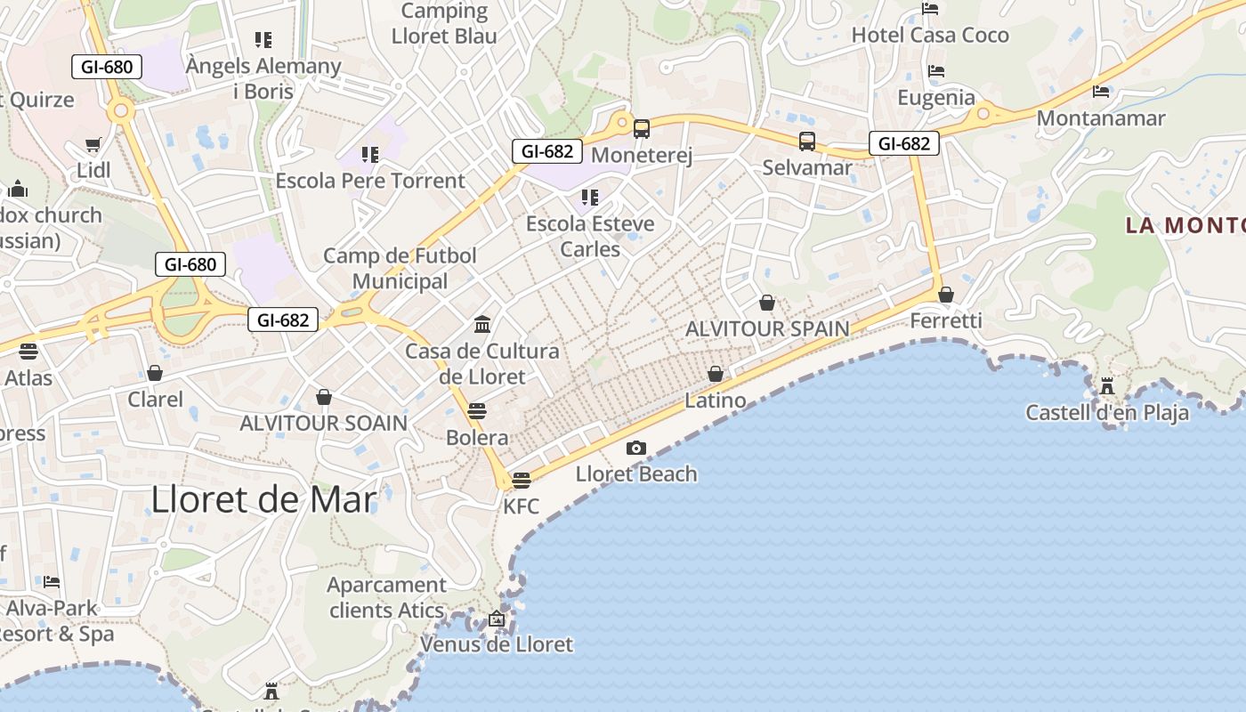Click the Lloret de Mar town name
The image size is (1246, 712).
[x=264, y=499]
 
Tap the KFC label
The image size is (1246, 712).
[x=522, y=506]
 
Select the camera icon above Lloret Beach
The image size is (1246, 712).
[x=636, y=448]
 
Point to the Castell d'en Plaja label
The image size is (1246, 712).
[x=1107, y=412]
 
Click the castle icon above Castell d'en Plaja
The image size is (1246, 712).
[x=1107, y=386]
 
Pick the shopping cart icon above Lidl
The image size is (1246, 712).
[x=93, y=144]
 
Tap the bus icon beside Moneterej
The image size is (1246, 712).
[x=642, y=129]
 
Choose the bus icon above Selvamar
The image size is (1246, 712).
[x=807, y=142]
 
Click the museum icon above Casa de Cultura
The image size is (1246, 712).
[x=483, y=324]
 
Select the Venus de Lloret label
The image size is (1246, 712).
[x=497, y=643]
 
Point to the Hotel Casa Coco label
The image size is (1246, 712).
[x=930, y=36]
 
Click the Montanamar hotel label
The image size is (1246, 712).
[x=1101, y=118]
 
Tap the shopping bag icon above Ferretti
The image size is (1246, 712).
[x=946, y=295]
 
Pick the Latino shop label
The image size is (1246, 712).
[x=716, y=400]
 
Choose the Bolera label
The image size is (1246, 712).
[x=477, y=438]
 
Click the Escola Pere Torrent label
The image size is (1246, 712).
[x=370, y=181]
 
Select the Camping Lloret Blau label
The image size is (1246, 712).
[x=444, y=24]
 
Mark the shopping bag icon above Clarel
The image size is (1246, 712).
[x=155, y=373]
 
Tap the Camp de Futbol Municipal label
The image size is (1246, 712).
[x=400, y=269]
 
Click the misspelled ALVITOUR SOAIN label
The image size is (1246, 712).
[x=323, y=423]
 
